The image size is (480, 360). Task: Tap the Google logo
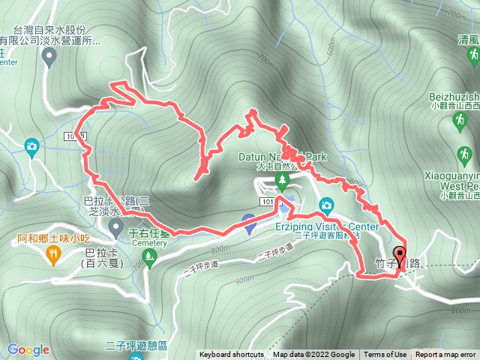coord(28,349)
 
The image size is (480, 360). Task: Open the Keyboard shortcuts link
coord(232,355)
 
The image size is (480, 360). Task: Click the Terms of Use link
coord(385,355)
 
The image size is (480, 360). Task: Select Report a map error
coord(446,355)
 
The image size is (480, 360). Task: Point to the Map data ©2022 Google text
coord(313,355)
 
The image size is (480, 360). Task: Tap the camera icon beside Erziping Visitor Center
coord(326,205)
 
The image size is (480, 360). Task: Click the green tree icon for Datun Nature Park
coord(282,179)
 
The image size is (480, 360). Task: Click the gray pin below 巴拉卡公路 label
coord(116,226)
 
